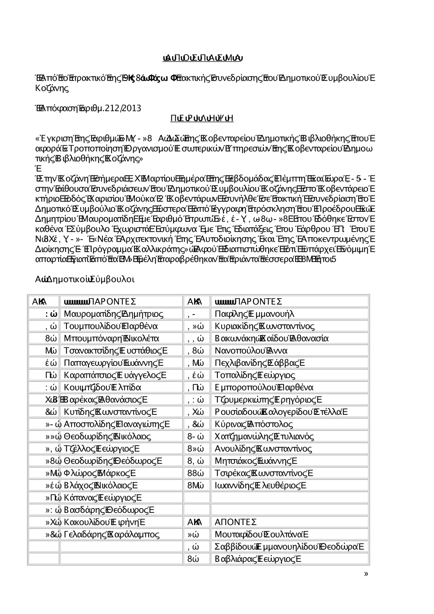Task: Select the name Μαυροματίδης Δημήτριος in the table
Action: pyautogui.click(x=113, y=314)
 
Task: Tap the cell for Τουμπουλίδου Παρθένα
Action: pyautogui.click(x=110, y=326)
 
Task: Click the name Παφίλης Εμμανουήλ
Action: pyautogui.click(x=254, y=314)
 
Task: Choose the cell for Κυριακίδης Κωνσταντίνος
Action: pyautogui.click(x=265, y=326)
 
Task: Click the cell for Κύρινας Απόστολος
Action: pyautogui.click(x=253, y=424)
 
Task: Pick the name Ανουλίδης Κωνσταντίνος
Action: pyautogui.click(x=263, y=448)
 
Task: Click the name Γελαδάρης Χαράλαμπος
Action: pyautogui.click(x=112, y=534)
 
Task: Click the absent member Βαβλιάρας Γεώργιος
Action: pyautogui.click(x=258, y=558)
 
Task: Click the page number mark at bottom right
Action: pyautogui.click(x=366, y=574)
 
